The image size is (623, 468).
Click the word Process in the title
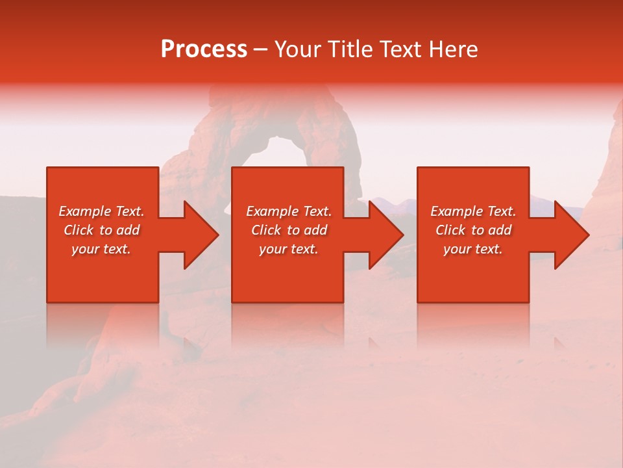204,49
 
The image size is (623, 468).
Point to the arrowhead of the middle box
385,235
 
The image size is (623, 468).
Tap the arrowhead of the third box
570,235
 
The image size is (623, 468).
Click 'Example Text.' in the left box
101,211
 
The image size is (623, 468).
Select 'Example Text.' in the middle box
289,211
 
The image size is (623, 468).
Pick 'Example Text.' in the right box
473,211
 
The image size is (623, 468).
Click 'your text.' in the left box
101,249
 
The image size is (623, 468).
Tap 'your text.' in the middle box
289,249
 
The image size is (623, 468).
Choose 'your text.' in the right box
473,249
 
